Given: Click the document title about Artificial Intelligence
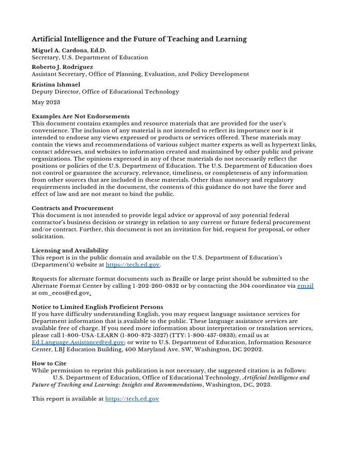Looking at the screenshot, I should point(139,39).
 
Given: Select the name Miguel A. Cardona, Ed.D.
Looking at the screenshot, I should point(69,50).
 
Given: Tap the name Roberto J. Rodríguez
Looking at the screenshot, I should point(62,67).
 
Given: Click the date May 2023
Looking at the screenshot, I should point(46,102).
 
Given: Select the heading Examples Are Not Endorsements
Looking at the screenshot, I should point(80,116).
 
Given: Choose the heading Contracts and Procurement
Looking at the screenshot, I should point(73,208).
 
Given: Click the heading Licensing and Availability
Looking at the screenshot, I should point(70,250).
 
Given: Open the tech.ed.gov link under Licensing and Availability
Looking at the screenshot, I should point(133,265).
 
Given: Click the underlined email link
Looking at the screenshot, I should point(305,286).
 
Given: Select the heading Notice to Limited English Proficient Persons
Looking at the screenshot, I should point(97,307).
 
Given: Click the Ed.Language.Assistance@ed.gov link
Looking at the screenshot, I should point(78,342).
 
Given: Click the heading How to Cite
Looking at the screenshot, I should point(49,363).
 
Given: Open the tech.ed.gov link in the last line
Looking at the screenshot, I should point(132,399).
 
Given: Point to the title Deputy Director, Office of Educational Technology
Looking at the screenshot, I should point(105,92).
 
